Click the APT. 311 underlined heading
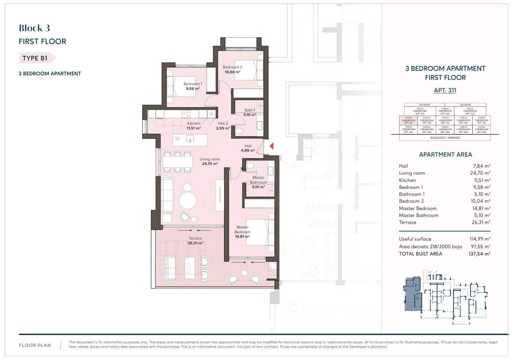coord(445,90)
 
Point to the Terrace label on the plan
coord(195,238)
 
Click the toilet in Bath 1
coord(239,131)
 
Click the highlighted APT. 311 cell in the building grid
coord(408,120)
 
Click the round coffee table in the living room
coord(188,200)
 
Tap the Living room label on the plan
coord(210,159)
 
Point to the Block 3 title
coord(34,28)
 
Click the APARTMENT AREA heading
coord(445,154)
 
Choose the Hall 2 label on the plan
coord(223,123)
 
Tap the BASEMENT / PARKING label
coord(445,138)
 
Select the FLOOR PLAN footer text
coord(35,345)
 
